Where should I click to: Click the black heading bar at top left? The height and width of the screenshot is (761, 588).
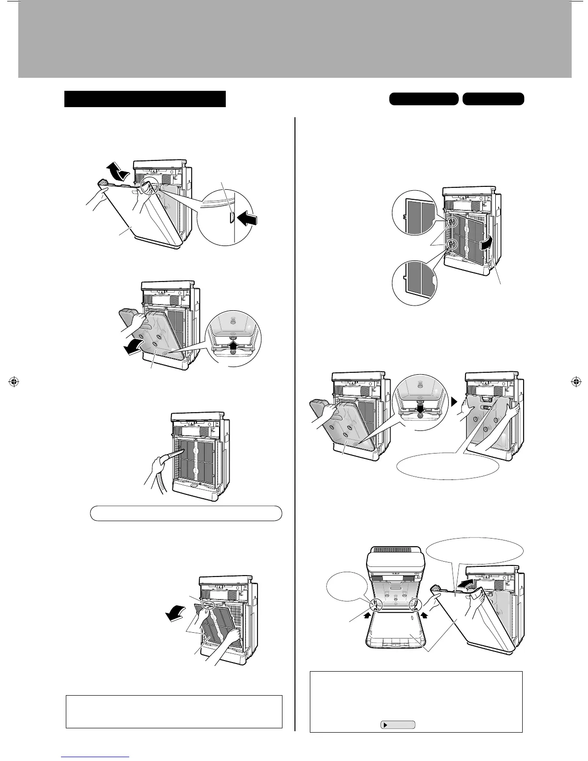pyautogui.click(x=145, y=98)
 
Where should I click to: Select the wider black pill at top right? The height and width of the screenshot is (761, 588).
pyautogui.click(x=423, y=99)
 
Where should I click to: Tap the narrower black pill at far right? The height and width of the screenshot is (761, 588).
pyautogui.click(x=493, y=99)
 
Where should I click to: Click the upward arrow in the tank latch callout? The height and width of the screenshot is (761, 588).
pyautogui.click(x=233, y=344)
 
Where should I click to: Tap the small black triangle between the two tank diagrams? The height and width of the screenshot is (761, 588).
pyautogui.click(x=454, y=402)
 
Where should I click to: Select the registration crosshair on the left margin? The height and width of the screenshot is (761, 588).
pyautogui.click(x=13, y=382)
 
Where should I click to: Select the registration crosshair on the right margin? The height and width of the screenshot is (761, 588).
pyautogui.click(x=575, y=382)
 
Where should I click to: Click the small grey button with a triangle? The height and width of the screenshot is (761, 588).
pyautogui.click(x=398, y=725)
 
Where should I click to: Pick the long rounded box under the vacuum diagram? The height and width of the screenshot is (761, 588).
pyautogui.click(x=186, y=513)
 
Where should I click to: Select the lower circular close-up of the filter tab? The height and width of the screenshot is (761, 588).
pyautogui.click(x=416, y=279)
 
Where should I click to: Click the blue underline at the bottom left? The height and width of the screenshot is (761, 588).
pyautogui.click(x=96, y=757)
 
